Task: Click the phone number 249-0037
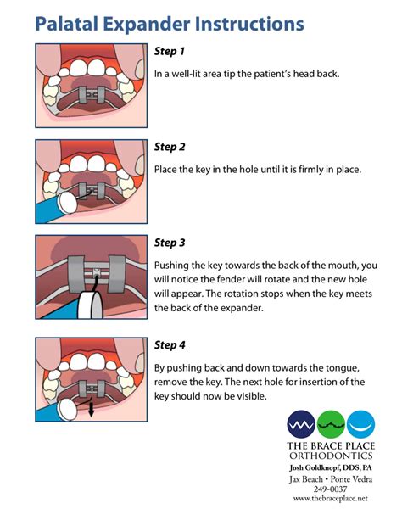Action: tap(331, 489)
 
